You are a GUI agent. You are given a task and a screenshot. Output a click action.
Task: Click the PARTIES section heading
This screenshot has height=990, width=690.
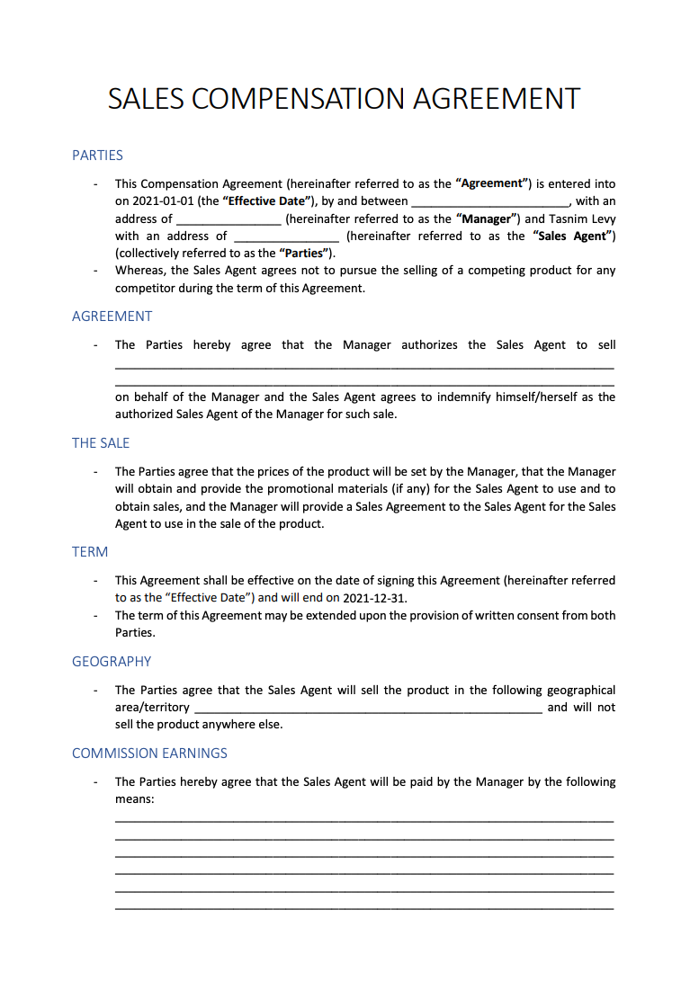click(x=97, y=156)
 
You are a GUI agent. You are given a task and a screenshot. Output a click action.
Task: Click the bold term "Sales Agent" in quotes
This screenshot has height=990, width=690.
click(x=574, y=236)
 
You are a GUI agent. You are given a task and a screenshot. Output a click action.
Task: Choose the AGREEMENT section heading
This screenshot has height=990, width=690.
click(x=112, y=317)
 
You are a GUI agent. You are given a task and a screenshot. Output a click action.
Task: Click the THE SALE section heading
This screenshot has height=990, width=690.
click(x=101, y=443)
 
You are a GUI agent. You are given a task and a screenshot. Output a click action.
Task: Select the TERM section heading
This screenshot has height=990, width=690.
click(x=90, y=552)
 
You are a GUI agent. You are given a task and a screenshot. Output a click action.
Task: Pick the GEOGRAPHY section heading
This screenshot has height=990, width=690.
click(x=112, y=662)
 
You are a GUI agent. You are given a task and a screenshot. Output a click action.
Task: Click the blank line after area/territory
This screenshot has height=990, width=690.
click(x=367, y=709)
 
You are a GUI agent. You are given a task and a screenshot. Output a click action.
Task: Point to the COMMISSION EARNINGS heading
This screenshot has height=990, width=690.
click(x=149, y=754)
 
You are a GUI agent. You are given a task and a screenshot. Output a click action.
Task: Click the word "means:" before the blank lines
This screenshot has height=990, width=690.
click(x=136, y=798)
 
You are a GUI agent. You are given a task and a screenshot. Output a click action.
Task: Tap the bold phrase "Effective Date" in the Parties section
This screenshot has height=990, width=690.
click(x=265, y=201)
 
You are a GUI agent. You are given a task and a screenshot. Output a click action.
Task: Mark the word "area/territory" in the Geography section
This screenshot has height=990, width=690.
click(x=152, y=708)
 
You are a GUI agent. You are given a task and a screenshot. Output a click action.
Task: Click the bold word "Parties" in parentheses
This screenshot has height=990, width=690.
click(x=304, y=253)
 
